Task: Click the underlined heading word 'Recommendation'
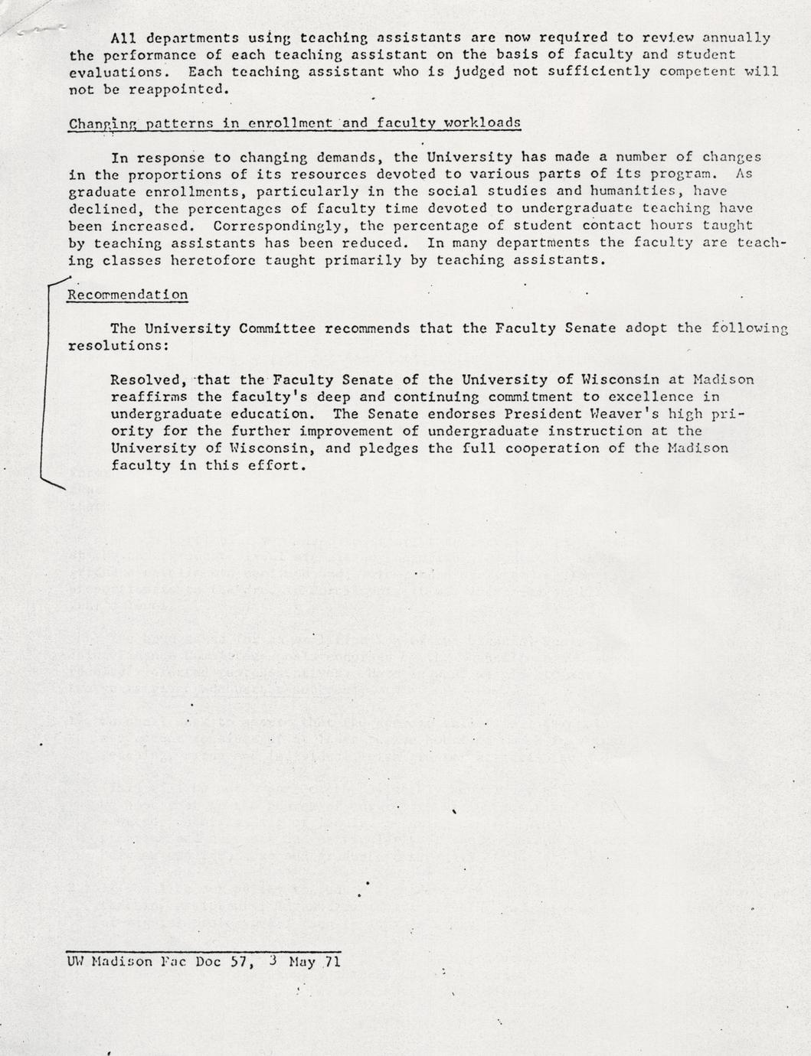point(128,295)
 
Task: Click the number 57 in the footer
point(238,962)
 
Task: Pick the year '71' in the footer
point(332,962)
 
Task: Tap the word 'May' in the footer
point(302,962)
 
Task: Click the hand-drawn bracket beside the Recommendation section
point(43,383)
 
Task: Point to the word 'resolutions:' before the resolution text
point(119,345)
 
